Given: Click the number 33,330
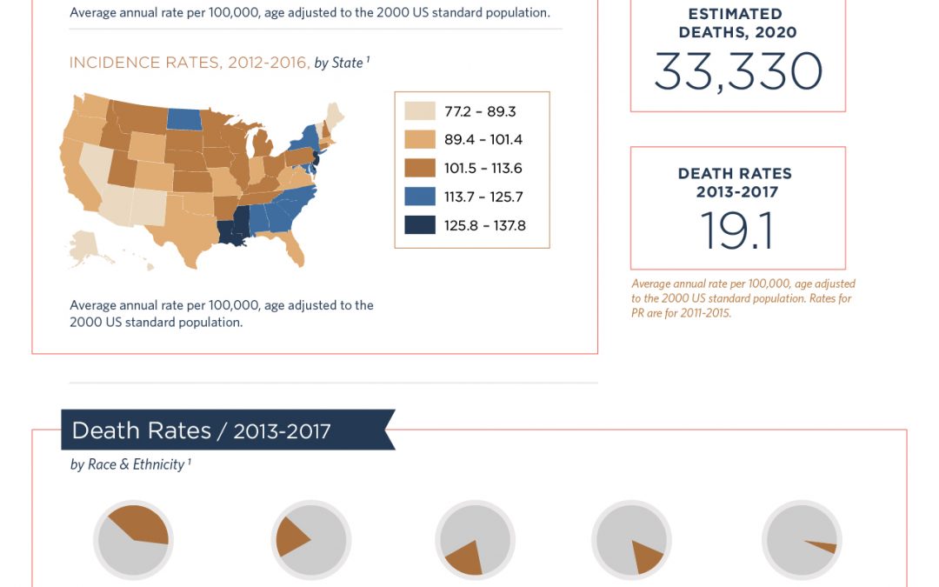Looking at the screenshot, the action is coord(738,71).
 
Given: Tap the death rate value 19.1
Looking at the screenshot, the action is coord(737,230).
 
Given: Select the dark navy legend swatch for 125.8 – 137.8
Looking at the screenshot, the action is coord(420,225).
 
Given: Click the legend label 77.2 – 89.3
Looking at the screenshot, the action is coord(480,111).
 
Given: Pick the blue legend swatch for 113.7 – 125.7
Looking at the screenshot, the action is coord(420,197).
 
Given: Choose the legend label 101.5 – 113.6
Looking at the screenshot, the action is coord(483,169).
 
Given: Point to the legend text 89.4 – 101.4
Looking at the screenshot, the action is coord(483,139).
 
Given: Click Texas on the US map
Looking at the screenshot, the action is coord(186,228).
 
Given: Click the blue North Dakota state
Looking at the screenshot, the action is coord(183,118).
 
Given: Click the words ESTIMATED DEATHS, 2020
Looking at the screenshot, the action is coord(737,23).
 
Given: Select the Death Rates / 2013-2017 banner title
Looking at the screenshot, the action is coord(201,430).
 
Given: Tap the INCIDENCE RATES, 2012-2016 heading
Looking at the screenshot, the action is coord(190,63).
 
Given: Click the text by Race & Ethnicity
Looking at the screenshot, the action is coord(128,464).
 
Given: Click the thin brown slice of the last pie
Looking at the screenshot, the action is coord(824,545).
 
